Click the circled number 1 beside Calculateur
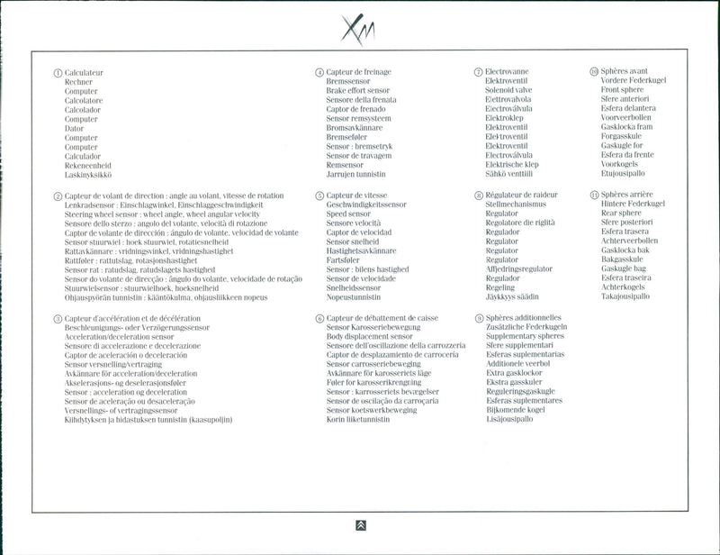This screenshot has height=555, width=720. pos(58,72)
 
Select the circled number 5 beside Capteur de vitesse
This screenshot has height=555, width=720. pos(319,196)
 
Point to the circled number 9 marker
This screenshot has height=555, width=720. pos(479,318)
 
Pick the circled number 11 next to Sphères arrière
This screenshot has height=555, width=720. pos(594,195)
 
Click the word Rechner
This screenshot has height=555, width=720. pos(78,82)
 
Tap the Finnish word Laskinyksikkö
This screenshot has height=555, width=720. pos(87,174)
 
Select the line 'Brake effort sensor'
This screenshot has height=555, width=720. pos(357,91)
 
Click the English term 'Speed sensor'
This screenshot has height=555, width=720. pos(348,214)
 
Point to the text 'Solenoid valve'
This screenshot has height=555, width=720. pos(508,91)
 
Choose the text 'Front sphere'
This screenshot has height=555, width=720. pos(622,91)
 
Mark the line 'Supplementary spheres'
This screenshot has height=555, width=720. pos(526,336)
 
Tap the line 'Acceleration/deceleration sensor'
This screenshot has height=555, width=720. pos(120,336)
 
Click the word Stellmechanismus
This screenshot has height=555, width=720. pos(517,205)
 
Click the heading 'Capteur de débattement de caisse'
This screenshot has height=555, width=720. pos(383,318)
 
